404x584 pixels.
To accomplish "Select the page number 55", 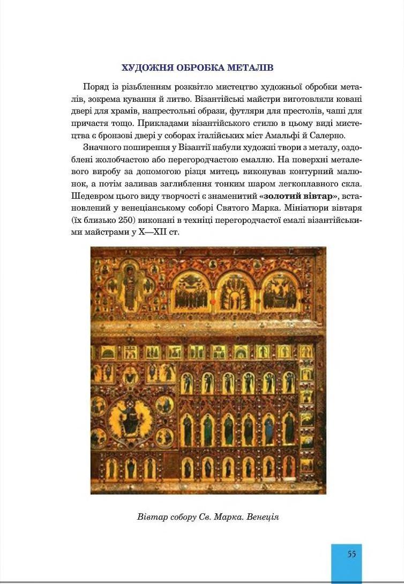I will tap(351, 554).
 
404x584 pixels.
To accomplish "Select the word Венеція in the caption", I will tap(263, 517).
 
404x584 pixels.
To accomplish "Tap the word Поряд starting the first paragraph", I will tap(95, 87).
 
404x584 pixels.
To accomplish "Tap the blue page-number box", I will tap(347, 563).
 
